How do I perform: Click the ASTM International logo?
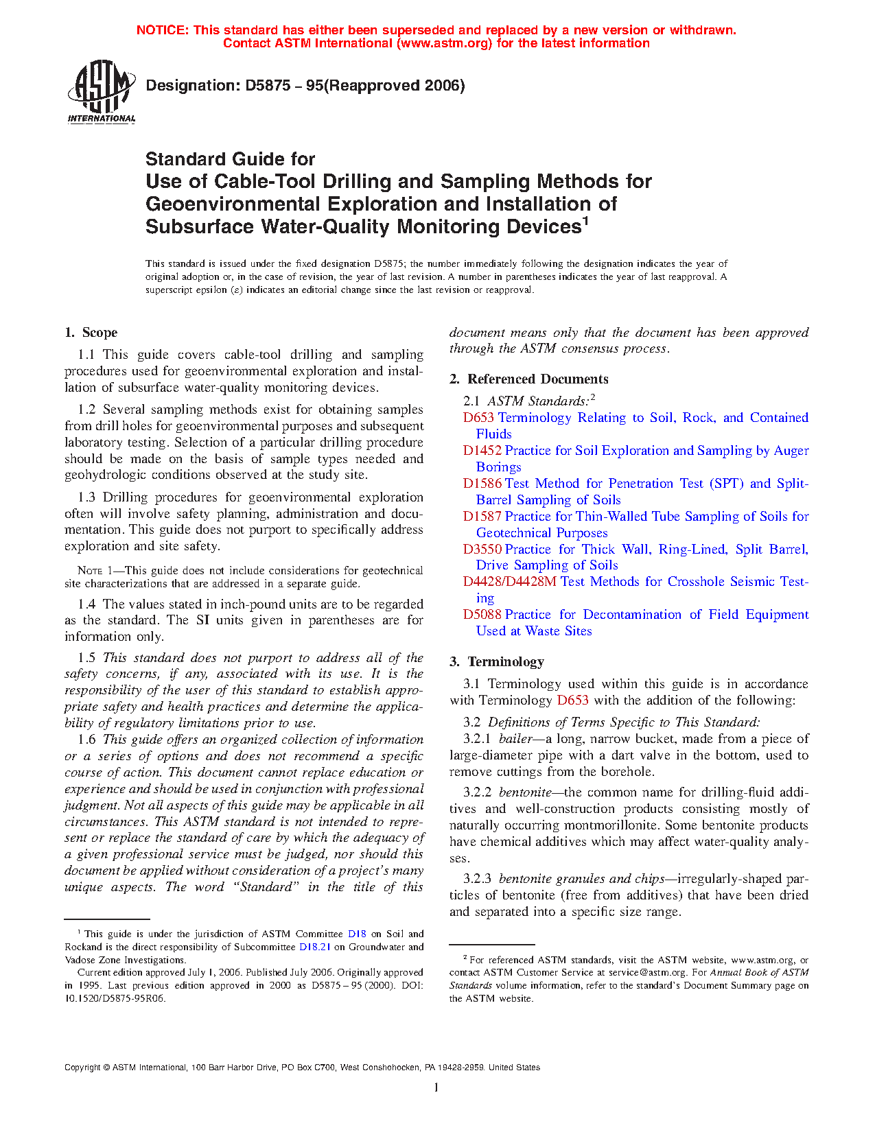coord(102,91)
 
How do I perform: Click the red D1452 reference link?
coord(482,451)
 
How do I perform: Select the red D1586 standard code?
coord(482,484)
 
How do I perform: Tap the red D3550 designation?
coord(482,550)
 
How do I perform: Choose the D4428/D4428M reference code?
coord(509,582)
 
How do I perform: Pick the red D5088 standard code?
coord(482,615)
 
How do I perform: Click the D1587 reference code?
coord(482,517)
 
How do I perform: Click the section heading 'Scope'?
coord(100,333)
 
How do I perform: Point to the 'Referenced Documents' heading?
coord(538,379)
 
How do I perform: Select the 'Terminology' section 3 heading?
coord(506,662)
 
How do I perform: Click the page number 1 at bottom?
coord(436,1087)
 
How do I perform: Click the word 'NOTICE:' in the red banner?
coord(163,30)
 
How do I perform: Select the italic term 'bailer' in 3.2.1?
coord(515,739)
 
